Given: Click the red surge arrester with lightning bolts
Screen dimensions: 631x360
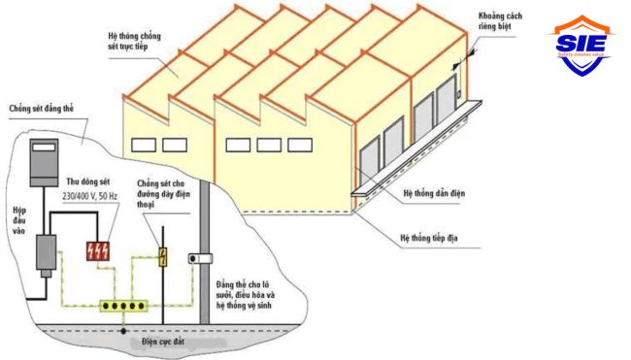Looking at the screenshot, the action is click(x=98, y=249).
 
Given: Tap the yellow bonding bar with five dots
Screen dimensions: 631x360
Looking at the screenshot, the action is click(x=122, y=307).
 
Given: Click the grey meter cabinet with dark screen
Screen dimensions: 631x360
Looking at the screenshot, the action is click(x=43, y=162).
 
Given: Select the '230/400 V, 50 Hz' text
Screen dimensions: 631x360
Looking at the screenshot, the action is click(x=100, y=196).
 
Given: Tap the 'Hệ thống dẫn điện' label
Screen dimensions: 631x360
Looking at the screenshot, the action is click(x=433, y=194).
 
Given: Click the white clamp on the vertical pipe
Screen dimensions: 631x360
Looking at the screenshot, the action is click(x=202, y=259).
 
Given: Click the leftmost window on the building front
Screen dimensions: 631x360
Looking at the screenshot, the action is click(x=144, y=145).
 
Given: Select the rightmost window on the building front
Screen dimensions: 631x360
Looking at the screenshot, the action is click(x=297, y=145).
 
